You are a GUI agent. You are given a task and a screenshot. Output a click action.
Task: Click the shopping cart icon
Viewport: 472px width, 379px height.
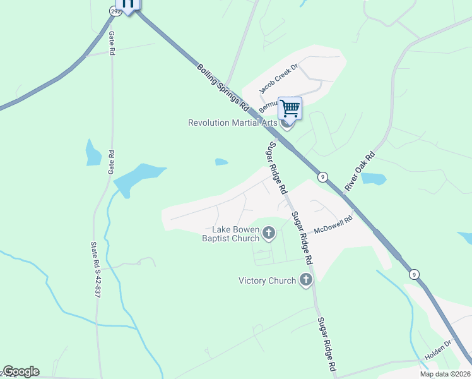[x=290, y=108]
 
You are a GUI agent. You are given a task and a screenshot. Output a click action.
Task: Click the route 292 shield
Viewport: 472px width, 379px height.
[x=114, y=10]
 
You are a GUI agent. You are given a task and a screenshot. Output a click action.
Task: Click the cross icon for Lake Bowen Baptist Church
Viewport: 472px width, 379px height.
[x=269, y=234]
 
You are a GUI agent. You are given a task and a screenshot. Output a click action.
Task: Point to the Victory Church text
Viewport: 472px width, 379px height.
[x=268, y=280]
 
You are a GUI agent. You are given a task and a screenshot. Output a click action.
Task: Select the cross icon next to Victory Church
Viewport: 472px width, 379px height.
[x=306, y=280]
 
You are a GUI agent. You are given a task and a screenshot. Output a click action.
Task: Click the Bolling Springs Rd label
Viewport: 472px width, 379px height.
[x=223, y=84]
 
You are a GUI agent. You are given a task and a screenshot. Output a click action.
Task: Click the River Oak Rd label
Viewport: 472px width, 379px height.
[x=360, y=171]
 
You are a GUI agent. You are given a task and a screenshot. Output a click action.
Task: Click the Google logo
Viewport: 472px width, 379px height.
[x=21, y=371]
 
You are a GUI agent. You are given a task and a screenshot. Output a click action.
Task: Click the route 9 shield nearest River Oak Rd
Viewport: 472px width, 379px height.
[x=322, y=177]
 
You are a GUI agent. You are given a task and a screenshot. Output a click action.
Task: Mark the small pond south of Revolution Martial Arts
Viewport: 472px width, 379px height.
[x=221, y=162]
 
